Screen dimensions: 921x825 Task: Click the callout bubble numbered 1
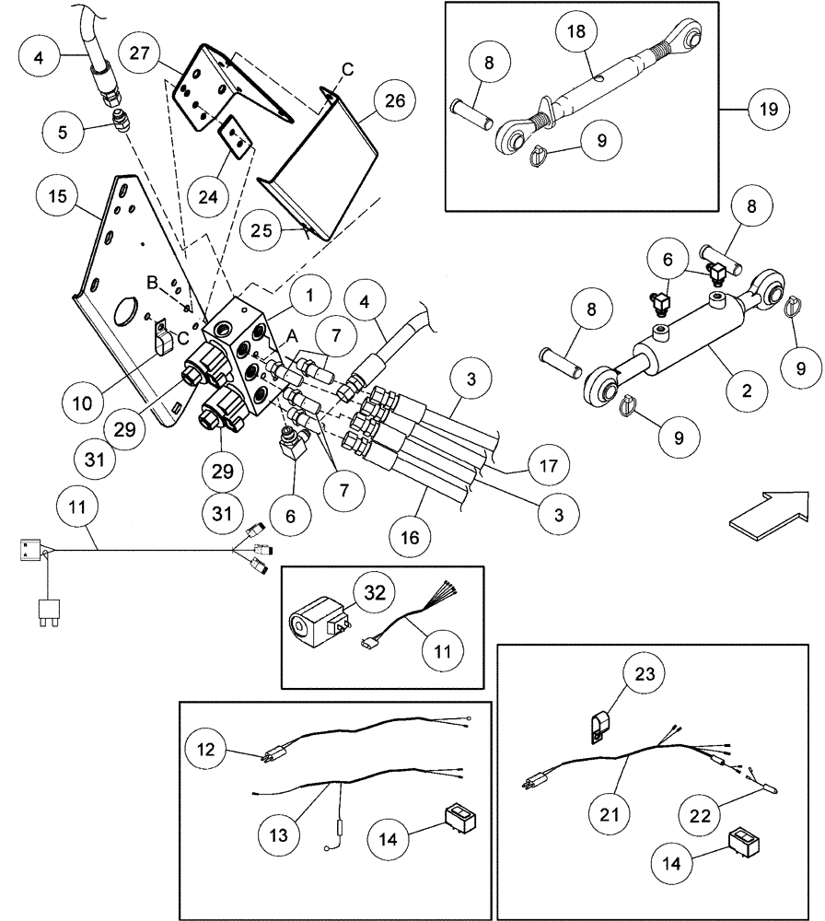click(x=310, y=296)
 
